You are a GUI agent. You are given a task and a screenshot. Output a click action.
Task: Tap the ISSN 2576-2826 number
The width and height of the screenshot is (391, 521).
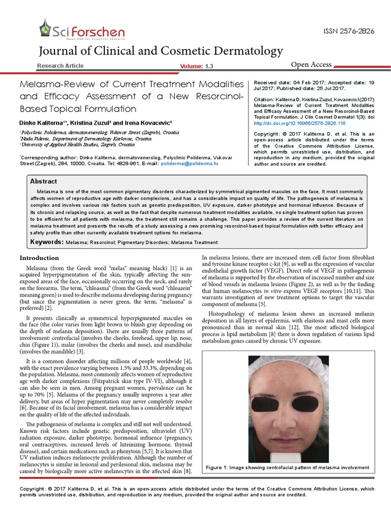(x=349, y=32)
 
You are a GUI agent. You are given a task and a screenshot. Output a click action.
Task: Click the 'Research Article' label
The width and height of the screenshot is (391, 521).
(x=61, y=66)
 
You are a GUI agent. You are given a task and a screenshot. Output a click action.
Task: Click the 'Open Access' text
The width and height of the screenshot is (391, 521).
(x=311, y=65)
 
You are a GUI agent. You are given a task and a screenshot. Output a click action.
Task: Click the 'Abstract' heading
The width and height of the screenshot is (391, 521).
(x=44, y=182)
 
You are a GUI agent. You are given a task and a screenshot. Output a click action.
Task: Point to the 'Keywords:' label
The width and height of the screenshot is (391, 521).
(x=47, y=242)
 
